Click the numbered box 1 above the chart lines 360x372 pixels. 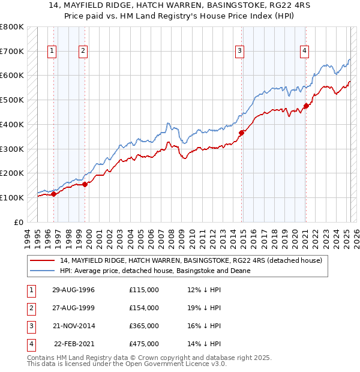click(x=53, y=51)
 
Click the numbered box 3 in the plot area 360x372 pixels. click(x=239, y=51)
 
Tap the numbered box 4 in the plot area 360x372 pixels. click(x=305, y=51)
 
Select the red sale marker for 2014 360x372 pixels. click(x=242, y=133)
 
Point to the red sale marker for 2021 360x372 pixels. click(x=305, y=106)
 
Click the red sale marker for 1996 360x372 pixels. click(x=53, y=194)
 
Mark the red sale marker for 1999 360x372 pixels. click(x=85, y=184)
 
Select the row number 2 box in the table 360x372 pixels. click(x=30, y=308)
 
